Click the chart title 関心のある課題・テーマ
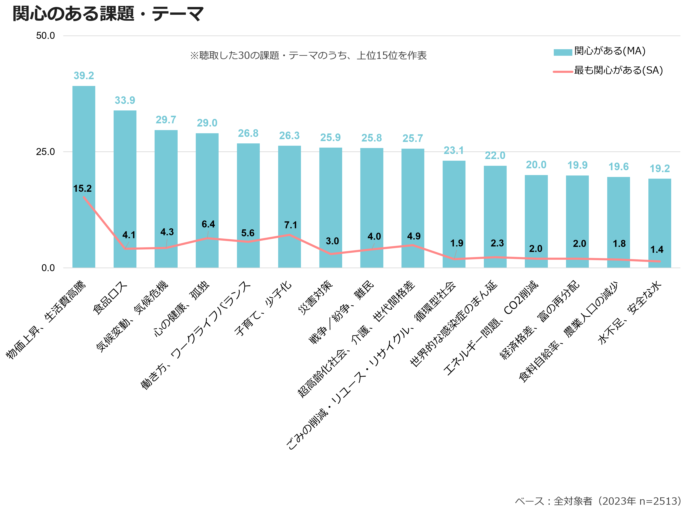(108, 14)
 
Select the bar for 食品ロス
(125, 189)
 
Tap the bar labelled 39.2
(84, 177)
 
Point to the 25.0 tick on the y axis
(45, 152)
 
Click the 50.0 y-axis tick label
(45, 36)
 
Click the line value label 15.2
(82, 189)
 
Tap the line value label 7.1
(291, 225)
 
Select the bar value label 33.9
(125, 100)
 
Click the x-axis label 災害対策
(316, 298)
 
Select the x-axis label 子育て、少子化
(263, 308)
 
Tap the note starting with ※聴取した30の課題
(308, 55)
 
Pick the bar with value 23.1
(454, 214)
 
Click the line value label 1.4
(657, 250)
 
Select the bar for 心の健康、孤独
(207, 200)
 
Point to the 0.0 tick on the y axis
(48, 268)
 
